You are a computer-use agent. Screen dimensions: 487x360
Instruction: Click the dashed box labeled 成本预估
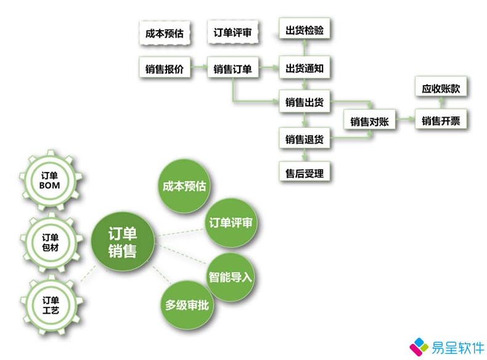tap(165, 33)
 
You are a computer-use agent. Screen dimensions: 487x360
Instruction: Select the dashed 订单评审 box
tap(232, 32)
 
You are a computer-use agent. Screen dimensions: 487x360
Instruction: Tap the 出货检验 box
tap(305, 29)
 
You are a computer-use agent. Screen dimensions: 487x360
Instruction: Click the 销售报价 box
tap(165, 67)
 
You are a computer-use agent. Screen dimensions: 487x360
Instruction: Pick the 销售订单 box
tap(232, 67)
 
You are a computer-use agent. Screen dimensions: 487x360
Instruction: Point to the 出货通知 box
tap(305, 67)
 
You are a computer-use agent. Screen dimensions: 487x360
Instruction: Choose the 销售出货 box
tap(305, 101)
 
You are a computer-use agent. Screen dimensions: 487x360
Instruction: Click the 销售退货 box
tap(305, 138)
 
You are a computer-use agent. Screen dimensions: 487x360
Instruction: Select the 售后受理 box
tap(305, 172)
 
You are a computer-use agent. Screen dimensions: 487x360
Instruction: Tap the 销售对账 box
tap(369, 120)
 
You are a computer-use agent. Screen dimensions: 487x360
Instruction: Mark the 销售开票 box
tap(441, 119)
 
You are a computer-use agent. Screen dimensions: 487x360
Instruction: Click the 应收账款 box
tap(441, 87)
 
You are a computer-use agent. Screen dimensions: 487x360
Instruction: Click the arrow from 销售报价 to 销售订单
tap(198, 67)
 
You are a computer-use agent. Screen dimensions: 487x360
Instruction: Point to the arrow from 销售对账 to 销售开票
tap(405, 118)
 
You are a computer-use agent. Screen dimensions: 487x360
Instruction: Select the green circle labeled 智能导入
tap(231, 277)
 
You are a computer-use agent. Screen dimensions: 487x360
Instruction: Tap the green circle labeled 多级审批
tap(187, 305)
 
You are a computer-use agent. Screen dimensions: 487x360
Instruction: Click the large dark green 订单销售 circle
tap(123, 242)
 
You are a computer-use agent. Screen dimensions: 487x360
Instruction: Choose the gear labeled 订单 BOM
tap(50, 181)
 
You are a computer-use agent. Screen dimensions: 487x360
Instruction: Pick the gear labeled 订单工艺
tap(51, 305)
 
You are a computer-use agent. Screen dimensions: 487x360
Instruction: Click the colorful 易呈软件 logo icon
tap(419, 346)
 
